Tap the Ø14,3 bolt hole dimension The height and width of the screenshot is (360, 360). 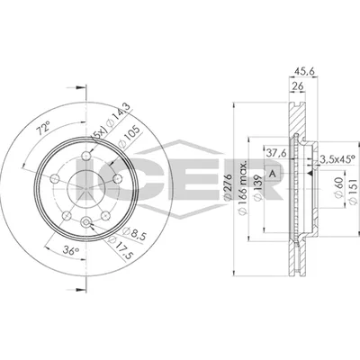118,116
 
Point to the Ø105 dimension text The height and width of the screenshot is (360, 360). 129,137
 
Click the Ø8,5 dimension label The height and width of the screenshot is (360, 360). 134,235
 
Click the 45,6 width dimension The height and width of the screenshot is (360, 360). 303,72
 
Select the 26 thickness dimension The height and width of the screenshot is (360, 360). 297,86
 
